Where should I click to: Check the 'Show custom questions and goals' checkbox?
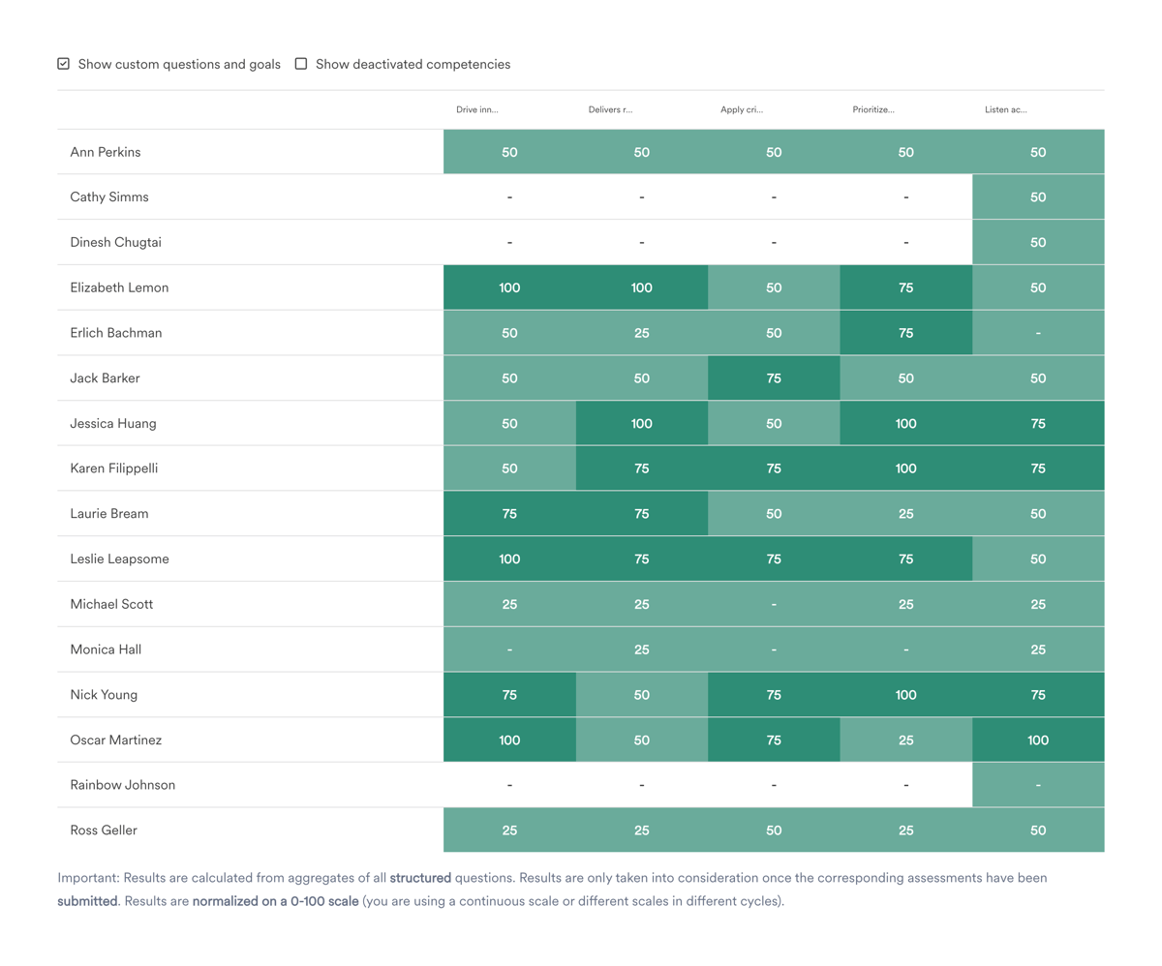click(64, 64)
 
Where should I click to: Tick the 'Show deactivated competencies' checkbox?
click(301, 64)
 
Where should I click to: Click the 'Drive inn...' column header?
click(476, 110)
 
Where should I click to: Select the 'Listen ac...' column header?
click(1005, 110)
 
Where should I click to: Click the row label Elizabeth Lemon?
click(119, 287)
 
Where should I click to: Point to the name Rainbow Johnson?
click(122, 785)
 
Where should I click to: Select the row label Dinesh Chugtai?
click(115, 243)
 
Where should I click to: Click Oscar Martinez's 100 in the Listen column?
click(1038, 740)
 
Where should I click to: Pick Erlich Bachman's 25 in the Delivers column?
click(641, 333)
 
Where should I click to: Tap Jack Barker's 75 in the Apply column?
click(774, 378)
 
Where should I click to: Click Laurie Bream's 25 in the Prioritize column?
click(905, 514)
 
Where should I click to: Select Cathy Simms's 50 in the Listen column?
click(1038, 197)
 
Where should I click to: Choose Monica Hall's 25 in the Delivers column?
click(641, 649)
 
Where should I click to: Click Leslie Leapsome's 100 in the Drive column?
click(509, 559)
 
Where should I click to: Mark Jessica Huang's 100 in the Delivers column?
click(641, 423)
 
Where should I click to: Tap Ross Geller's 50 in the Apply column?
click(774, 830)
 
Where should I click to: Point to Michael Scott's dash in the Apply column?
click(774, 604)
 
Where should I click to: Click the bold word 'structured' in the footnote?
click(420, 879)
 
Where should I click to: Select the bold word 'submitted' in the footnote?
click(87, 901)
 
